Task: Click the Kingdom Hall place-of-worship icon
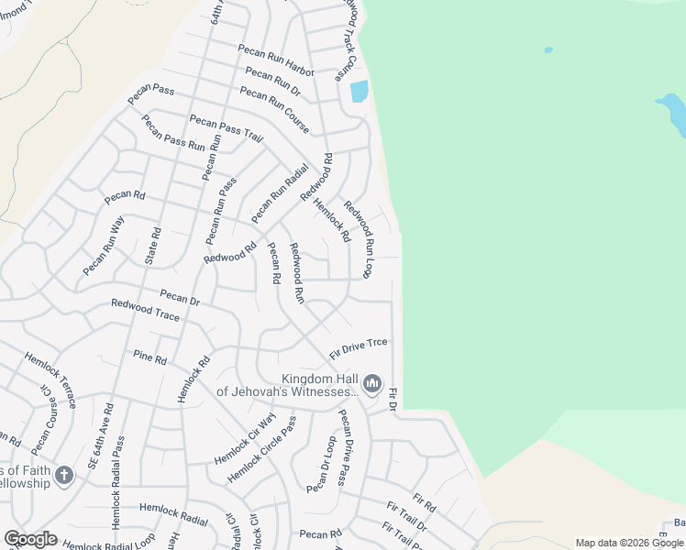coord(371,383)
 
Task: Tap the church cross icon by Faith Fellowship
coord(63,475)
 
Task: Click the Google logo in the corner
coord(30,539)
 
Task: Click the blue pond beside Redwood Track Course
coord(359,92)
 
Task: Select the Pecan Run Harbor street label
coord(275,60)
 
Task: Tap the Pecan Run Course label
coord(274,109)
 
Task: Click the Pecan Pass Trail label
coord(226,128)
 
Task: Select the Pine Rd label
coord(149,357)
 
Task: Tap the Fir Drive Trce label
coord(359,346)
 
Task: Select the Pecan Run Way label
coord(103,246)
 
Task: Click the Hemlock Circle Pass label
coord(262,450)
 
